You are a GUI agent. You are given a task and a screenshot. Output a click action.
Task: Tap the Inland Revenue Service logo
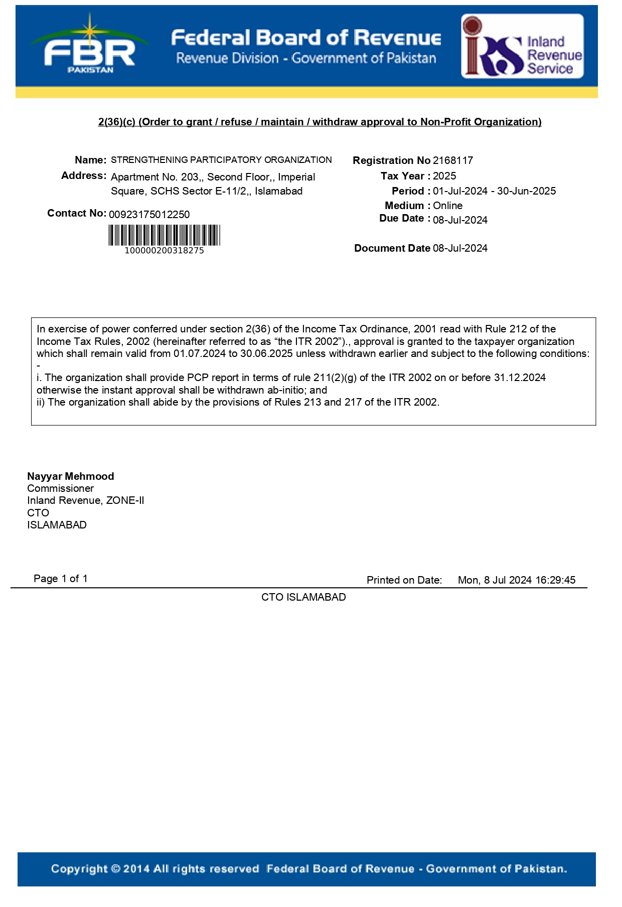click(522, 46)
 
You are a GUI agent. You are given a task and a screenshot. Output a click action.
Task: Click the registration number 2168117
click(452, 160)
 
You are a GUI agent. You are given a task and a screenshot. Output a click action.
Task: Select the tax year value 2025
click(444, 176)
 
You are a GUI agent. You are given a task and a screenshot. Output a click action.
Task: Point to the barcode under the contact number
click(164, 235)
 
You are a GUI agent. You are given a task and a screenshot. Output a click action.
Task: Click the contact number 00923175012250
click(149, 215)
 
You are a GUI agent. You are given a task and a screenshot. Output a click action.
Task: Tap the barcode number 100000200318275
click(164, 251)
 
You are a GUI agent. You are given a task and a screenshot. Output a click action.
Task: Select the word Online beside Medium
click(447, 206)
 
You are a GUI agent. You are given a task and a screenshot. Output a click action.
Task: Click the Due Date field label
click(402, 218)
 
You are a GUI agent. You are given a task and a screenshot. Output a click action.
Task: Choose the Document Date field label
click(392, 248)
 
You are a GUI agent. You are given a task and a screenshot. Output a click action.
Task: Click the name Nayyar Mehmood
click(71, 476)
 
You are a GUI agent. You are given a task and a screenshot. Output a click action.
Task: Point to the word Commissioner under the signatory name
click(61, 488)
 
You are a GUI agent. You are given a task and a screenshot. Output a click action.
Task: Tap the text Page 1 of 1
click(61, 579)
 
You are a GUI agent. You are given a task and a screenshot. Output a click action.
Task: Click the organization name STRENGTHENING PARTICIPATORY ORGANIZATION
click(221, 160)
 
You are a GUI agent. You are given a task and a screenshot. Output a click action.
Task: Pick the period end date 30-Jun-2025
click(526, 191)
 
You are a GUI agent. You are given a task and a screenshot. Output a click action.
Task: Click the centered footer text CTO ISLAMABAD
click(303, 597)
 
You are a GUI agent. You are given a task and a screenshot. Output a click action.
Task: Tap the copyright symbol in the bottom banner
click(115, 869)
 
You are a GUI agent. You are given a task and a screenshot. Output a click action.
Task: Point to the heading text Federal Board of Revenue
click(306, 38)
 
